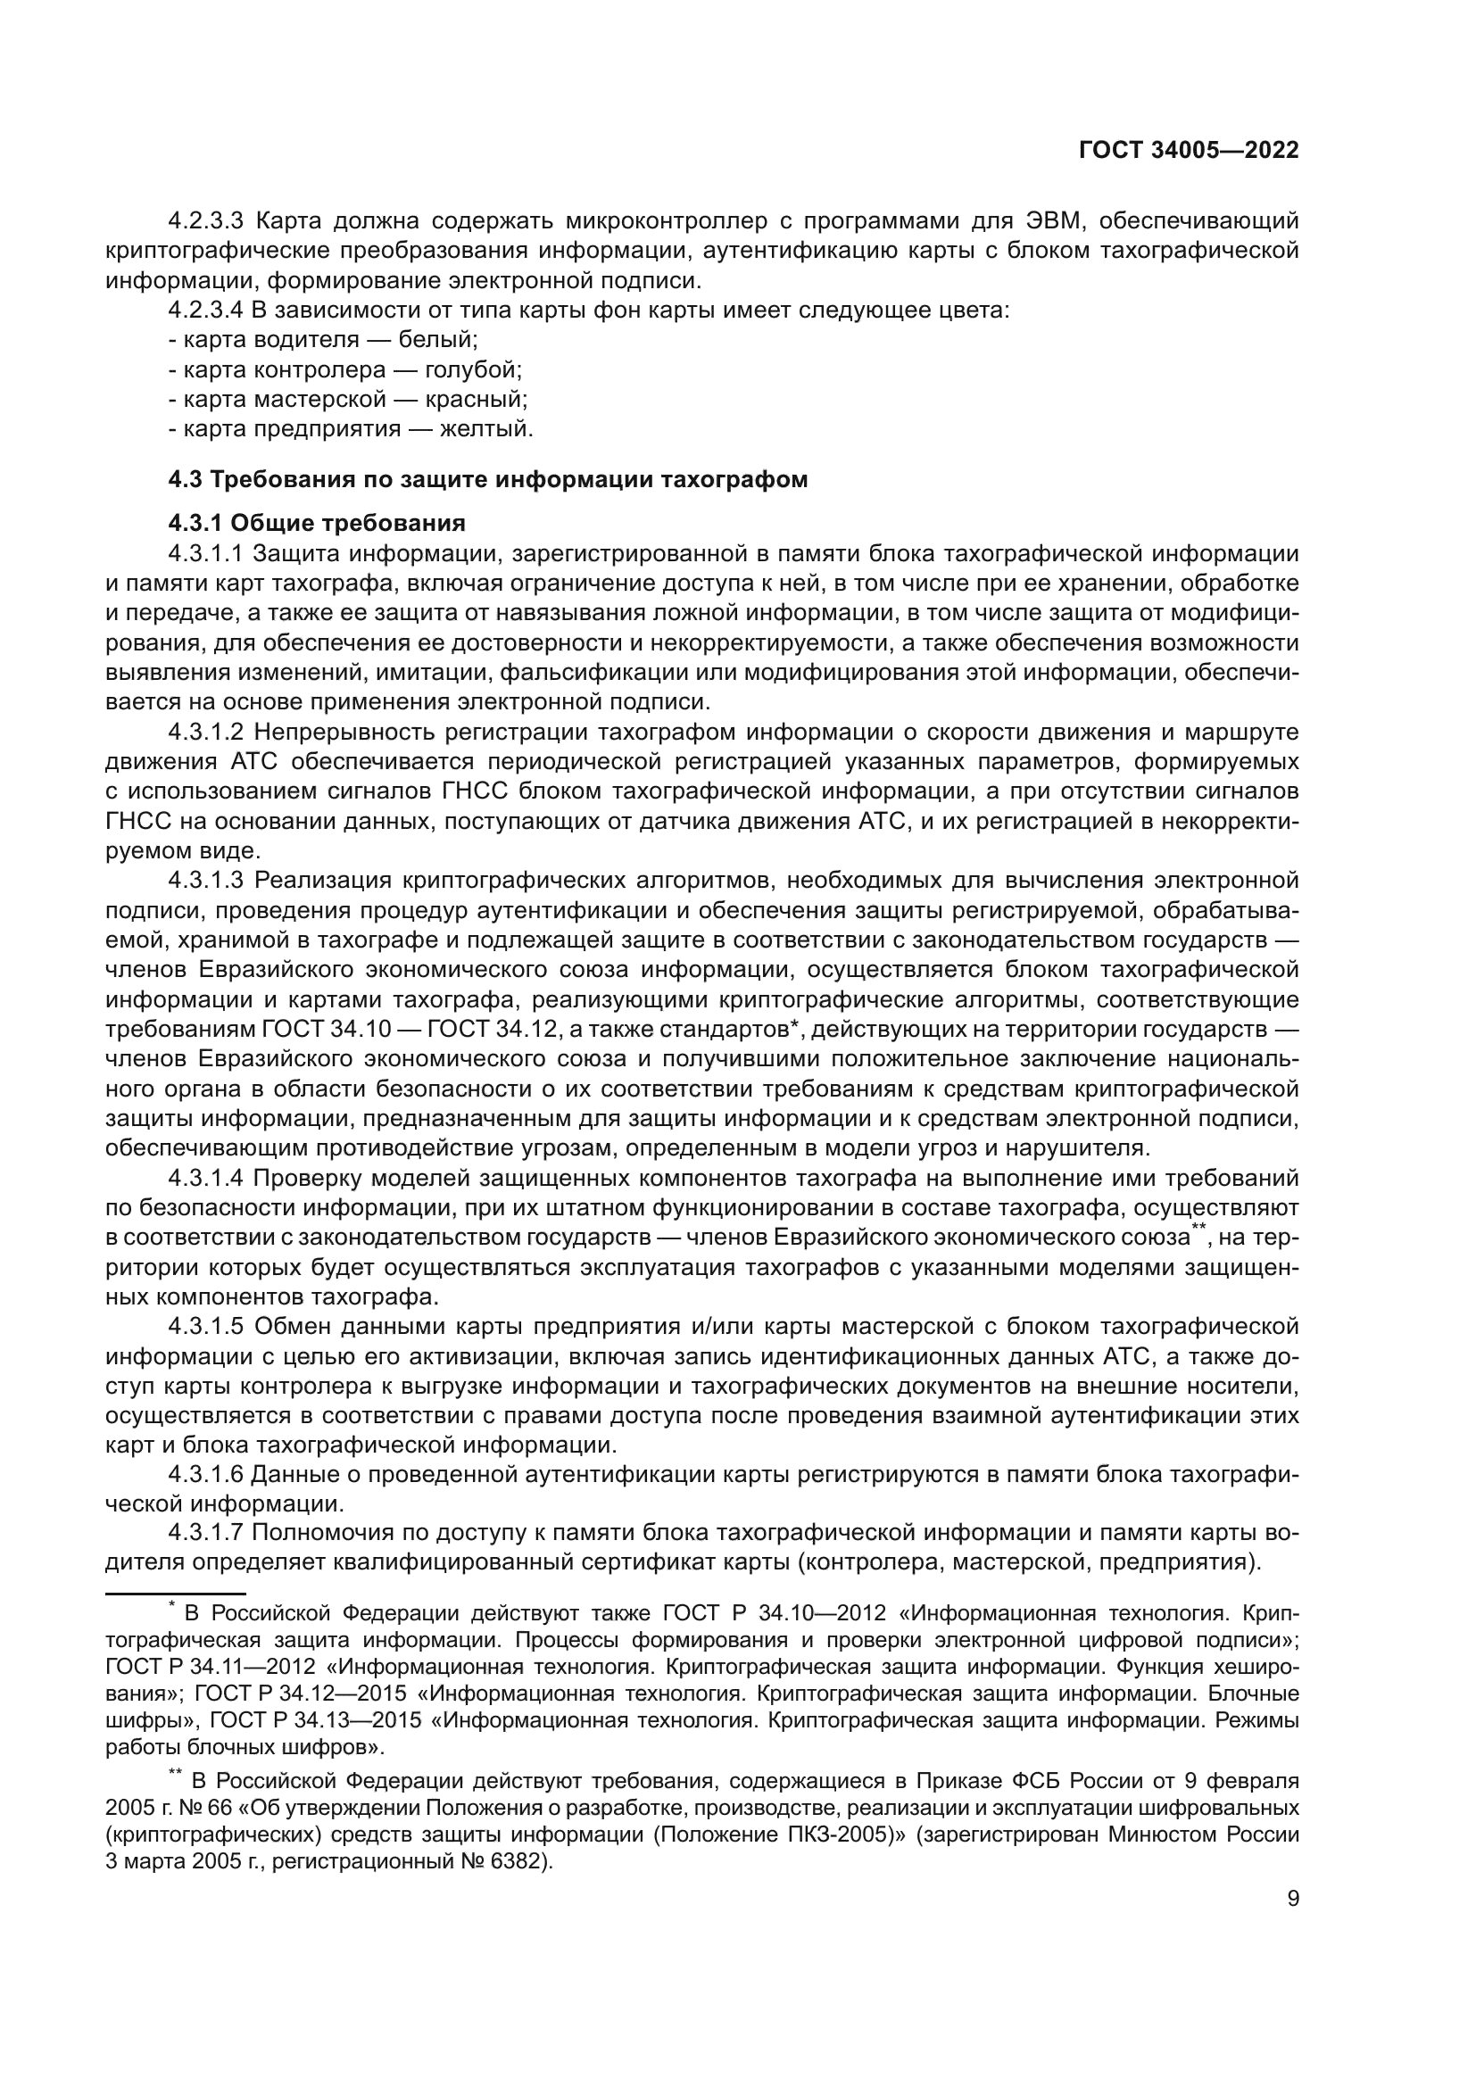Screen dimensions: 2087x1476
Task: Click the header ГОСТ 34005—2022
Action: point(1188,151)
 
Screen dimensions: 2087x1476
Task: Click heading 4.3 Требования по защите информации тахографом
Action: point(487,479)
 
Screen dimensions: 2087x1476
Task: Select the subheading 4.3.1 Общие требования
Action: point(316,523)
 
